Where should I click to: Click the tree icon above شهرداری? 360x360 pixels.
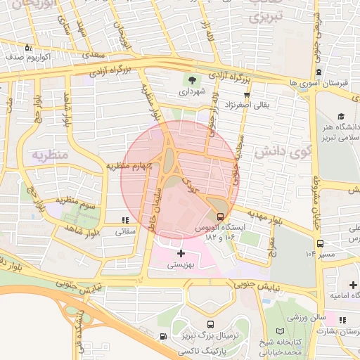point(192,79)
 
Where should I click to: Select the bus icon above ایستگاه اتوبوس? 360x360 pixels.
point(221,216)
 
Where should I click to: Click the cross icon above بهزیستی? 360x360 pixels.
point(181,253)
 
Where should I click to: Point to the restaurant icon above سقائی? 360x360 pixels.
point(125,220)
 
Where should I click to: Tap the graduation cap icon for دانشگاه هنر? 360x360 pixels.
point(341,117)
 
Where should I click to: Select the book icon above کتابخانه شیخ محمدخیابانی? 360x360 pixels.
point(281,331)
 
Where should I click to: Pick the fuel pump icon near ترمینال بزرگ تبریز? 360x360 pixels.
point(164,337)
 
